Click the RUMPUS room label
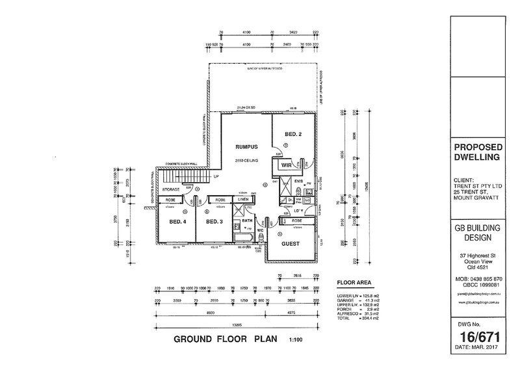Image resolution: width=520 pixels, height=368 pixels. (237, 146)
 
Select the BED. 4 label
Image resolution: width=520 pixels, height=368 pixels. (178, 222)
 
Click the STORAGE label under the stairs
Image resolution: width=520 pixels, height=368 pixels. (171, 189)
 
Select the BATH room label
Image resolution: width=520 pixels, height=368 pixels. (246, 221)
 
